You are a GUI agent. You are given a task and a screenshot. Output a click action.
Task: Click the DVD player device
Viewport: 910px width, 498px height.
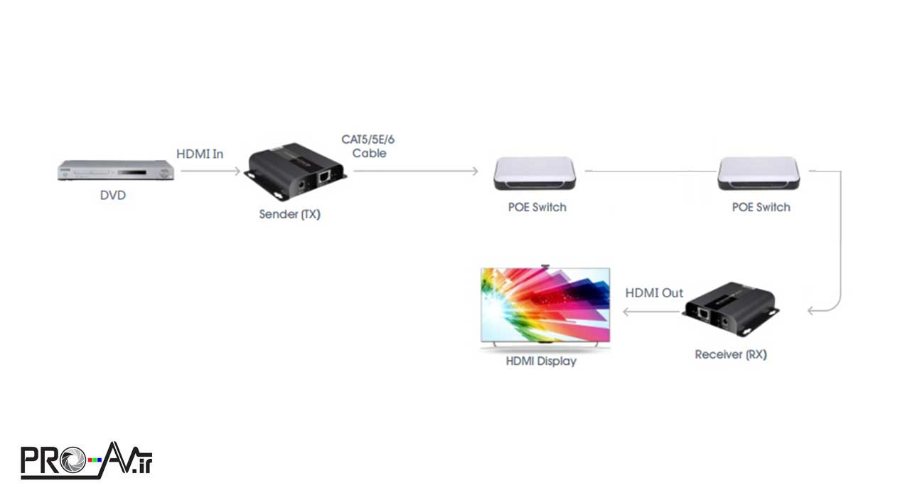click(117, 171)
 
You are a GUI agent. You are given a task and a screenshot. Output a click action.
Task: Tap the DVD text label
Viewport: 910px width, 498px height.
click(112, 195)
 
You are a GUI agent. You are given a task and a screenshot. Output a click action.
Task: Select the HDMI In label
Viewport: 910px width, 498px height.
click(199, 154)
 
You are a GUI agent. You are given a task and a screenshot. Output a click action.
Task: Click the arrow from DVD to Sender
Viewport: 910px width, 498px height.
click(210, 171)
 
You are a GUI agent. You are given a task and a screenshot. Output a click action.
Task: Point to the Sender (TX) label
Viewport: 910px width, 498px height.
click(289, 213)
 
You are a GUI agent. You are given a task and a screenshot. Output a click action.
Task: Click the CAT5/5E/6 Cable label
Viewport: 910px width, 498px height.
click(368, 146)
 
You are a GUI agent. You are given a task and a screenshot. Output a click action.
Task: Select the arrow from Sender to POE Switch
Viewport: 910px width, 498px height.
click(415, 171)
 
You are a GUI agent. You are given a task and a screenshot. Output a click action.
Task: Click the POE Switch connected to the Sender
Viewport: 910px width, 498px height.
click(535, 173)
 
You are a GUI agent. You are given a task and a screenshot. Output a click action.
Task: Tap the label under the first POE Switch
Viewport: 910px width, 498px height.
click(537, 207)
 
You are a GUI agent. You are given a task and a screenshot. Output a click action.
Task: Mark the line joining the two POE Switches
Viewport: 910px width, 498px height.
click(650, 171)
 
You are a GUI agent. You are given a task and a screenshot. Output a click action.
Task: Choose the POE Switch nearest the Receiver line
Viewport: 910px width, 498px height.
click(759, 173)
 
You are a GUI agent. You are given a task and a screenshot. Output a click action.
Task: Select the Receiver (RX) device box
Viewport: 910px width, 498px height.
click(731, 309)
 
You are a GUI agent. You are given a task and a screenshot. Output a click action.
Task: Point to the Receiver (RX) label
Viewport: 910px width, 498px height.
click(731, 354)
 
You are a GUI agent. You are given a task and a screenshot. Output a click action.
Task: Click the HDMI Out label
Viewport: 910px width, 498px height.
click(654, 293)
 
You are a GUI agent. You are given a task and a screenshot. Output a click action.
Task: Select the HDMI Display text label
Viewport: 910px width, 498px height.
click(541, 361)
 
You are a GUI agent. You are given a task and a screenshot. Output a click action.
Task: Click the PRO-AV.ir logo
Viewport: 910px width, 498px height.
click(86, 460)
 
